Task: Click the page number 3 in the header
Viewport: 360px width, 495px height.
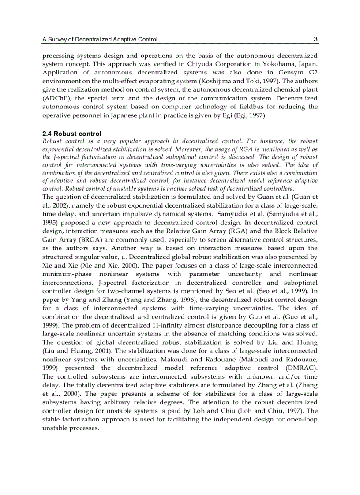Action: click(x=315, y=39)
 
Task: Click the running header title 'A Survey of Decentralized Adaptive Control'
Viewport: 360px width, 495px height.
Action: click(x=100, y=40)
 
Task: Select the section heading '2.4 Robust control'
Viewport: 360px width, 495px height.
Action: click(x=72, y=134)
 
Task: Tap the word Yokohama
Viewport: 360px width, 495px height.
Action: click(x=277, y=64)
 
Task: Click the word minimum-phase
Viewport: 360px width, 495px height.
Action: click(x=63, y=274)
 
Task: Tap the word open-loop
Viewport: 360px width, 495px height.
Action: click(x=304, y=419)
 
